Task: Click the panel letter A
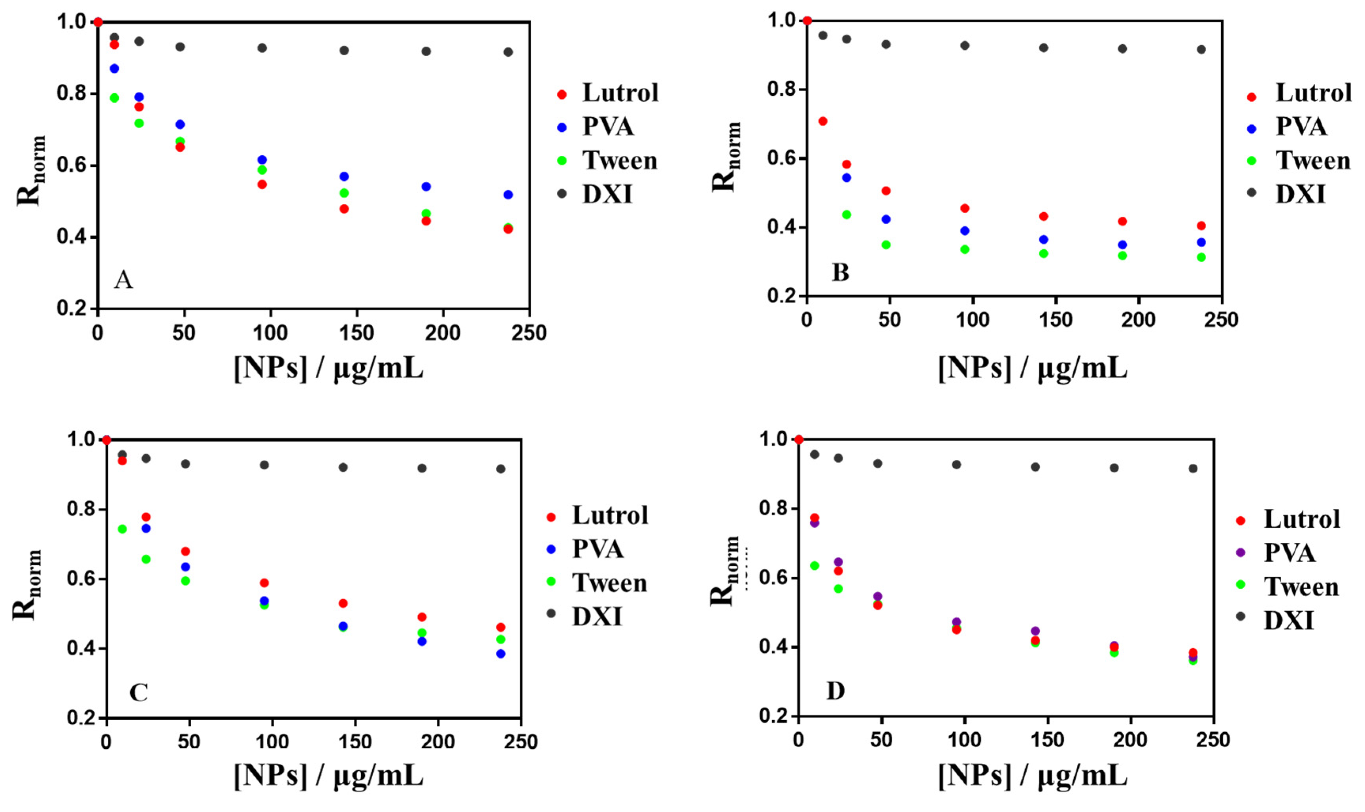pos(123,280)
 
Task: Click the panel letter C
pos(138,693)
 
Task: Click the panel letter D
pos(835,691)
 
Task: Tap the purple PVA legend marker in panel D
pos(1240,553)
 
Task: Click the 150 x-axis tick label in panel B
pos(1055,319)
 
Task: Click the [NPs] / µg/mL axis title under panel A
pos(328,368)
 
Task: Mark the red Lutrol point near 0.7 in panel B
pos(822,121)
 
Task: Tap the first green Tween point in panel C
pos(122,529)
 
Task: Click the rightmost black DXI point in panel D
pos(1193,468)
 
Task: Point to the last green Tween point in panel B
pos(1201,257)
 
